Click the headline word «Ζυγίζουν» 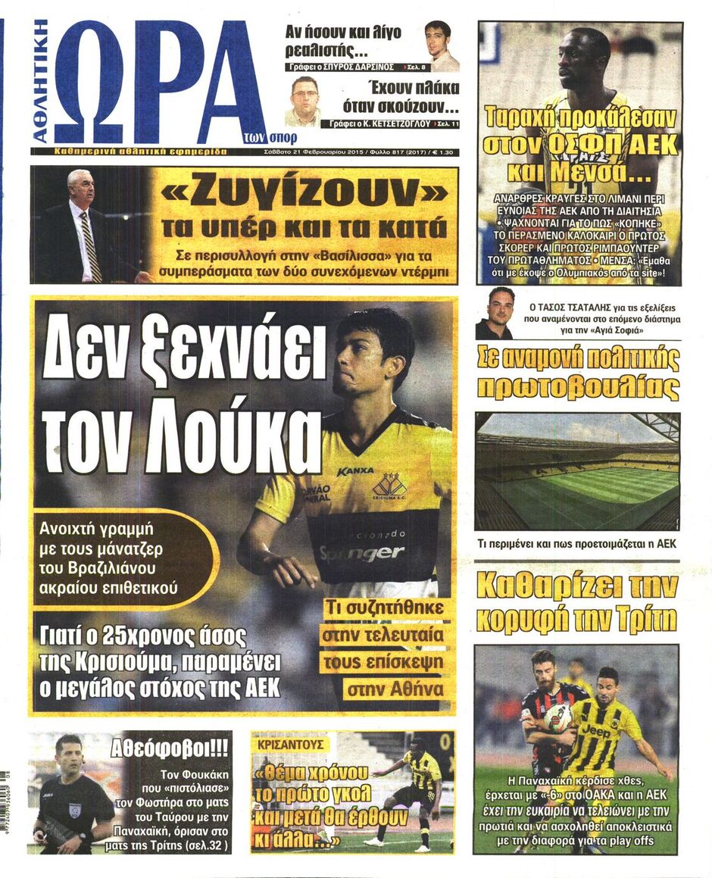pos(301,194)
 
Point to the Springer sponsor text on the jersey pos(361,553)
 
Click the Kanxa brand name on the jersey pos(355,471)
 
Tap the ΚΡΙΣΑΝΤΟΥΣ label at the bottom pos(290,744)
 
